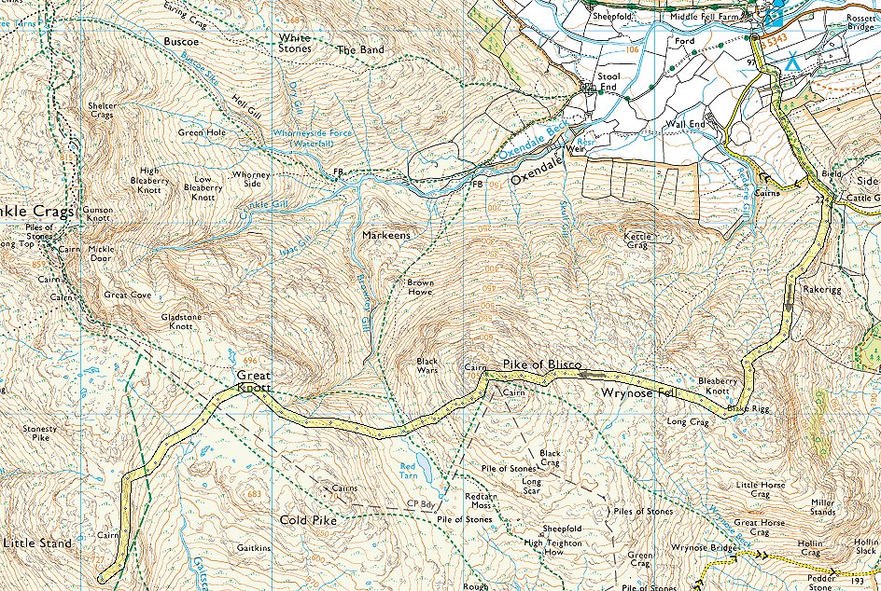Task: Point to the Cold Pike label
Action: [308, 520]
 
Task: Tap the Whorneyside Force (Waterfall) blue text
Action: [313, 139]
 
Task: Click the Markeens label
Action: [386, 237]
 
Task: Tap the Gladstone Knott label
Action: [180, 322]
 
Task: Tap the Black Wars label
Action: [427, 364]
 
